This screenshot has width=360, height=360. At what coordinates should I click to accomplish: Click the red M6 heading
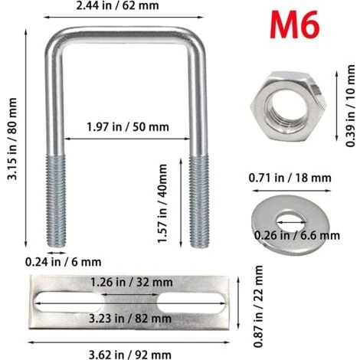point(294,25)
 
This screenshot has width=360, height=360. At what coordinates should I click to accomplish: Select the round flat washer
point(290,225)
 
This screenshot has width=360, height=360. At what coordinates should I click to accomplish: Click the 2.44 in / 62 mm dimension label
point(117,5)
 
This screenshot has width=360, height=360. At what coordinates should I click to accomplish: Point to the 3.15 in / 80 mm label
point(12,139)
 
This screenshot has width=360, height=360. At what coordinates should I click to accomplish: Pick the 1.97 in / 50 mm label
point(128,127)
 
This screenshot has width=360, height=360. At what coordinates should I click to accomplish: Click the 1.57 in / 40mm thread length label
point(162,204)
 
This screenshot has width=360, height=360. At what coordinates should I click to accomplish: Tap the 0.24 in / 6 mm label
point(63,262)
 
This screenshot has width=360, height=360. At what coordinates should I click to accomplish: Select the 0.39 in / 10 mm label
point(350,106)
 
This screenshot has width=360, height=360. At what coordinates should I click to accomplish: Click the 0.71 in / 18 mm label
point(290,178)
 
